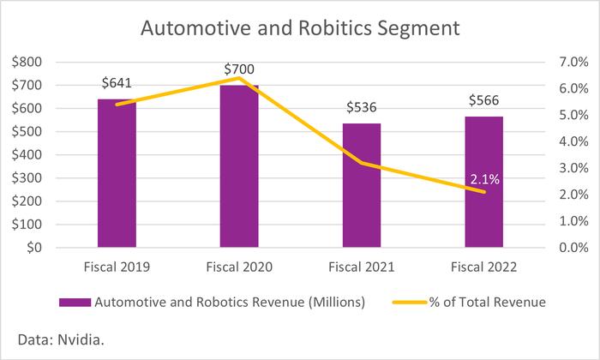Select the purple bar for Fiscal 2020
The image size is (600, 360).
(x=238, y=167)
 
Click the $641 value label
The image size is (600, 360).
(x=117, y=84)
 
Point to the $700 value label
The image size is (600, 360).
(x=239, y=69)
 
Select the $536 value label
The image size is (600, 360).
(x=363, y=109)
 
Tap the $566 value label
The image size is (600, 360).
(x=486, y=101)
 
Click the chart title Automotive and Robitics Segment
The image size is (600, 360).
(x=300, y=28)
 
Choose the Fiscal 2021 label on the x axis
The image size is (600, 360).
(x=363, y=267)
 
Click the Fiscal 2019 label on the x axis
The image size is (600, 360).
(x=117, y=267)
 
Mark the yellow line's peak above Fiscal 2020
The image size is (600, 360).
(x=238, y=78)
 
